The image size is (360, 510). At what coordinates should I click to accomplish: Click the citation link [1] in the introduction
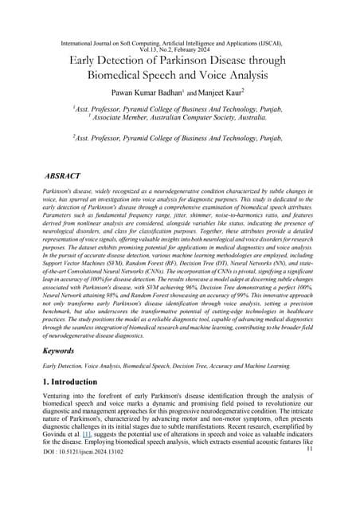click(x=95, y=462)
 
